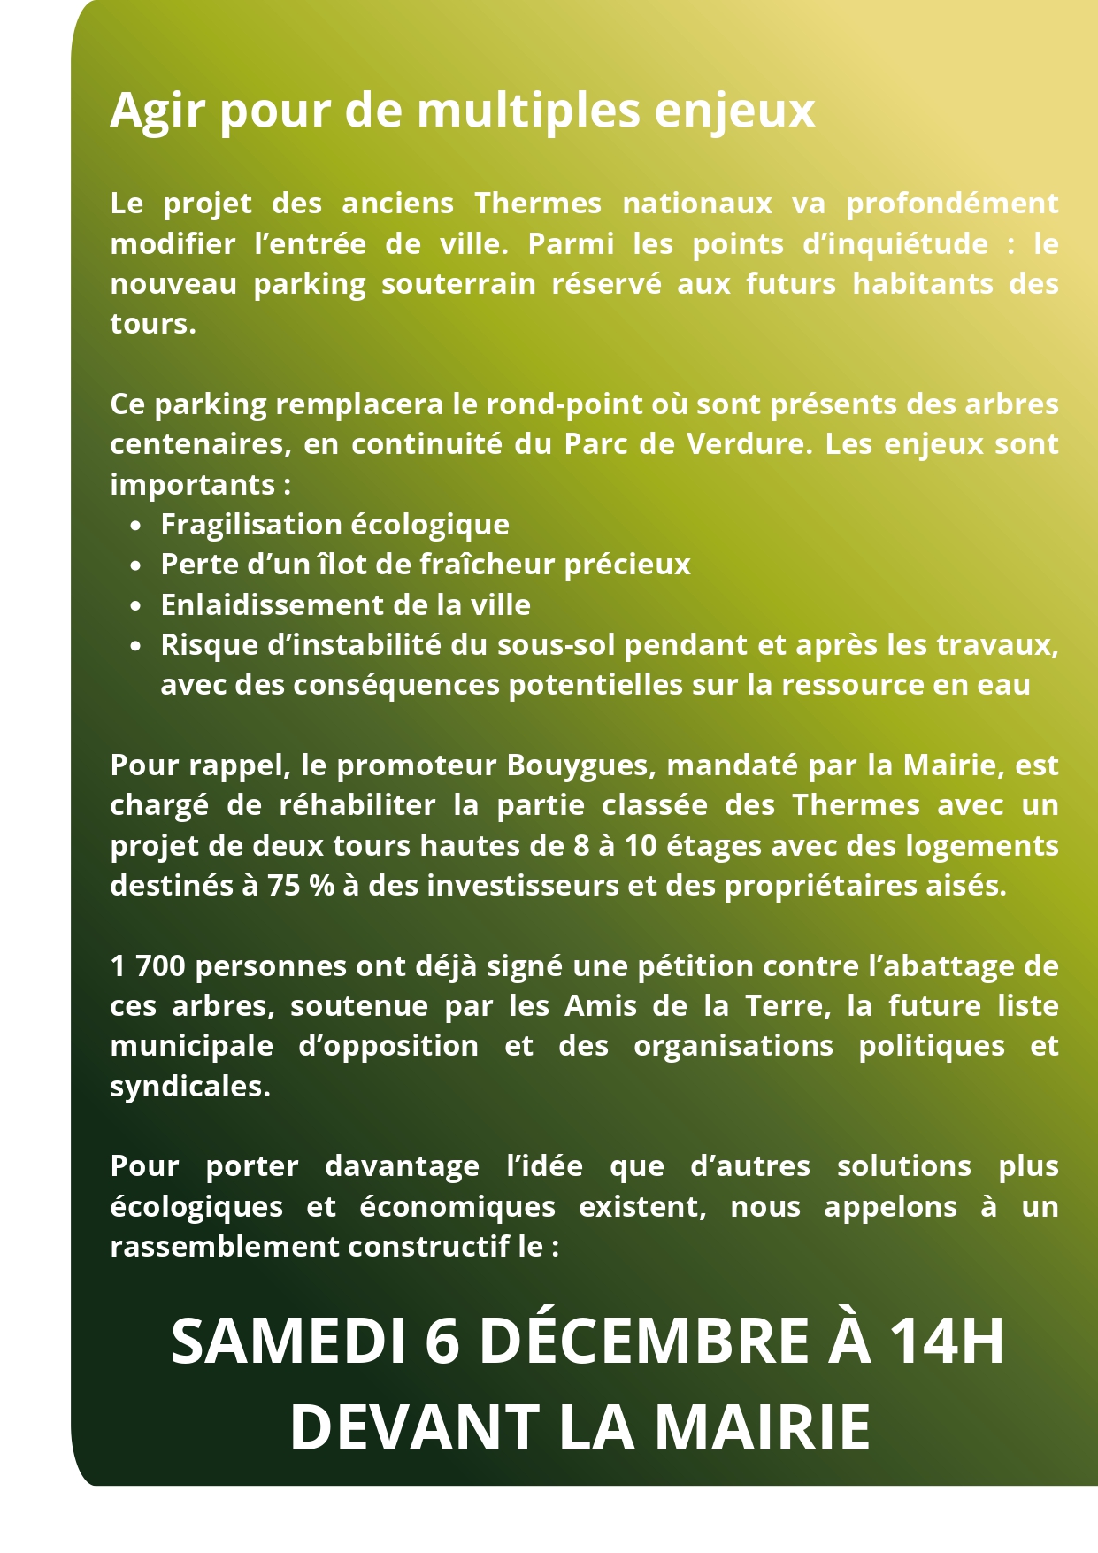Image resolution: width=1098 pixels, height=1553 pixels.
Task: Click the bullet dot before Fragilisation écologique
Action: pos(135,526)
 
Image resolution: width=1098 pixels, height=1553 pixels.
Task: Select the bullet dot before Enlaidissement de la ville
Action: pos(135,606)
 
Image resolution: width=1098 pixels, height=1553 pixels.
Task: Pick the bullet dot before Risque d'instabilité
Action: pos(135,646)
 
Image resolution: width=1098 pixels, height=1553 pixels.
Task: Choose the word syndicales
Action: pos(190,1086)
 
